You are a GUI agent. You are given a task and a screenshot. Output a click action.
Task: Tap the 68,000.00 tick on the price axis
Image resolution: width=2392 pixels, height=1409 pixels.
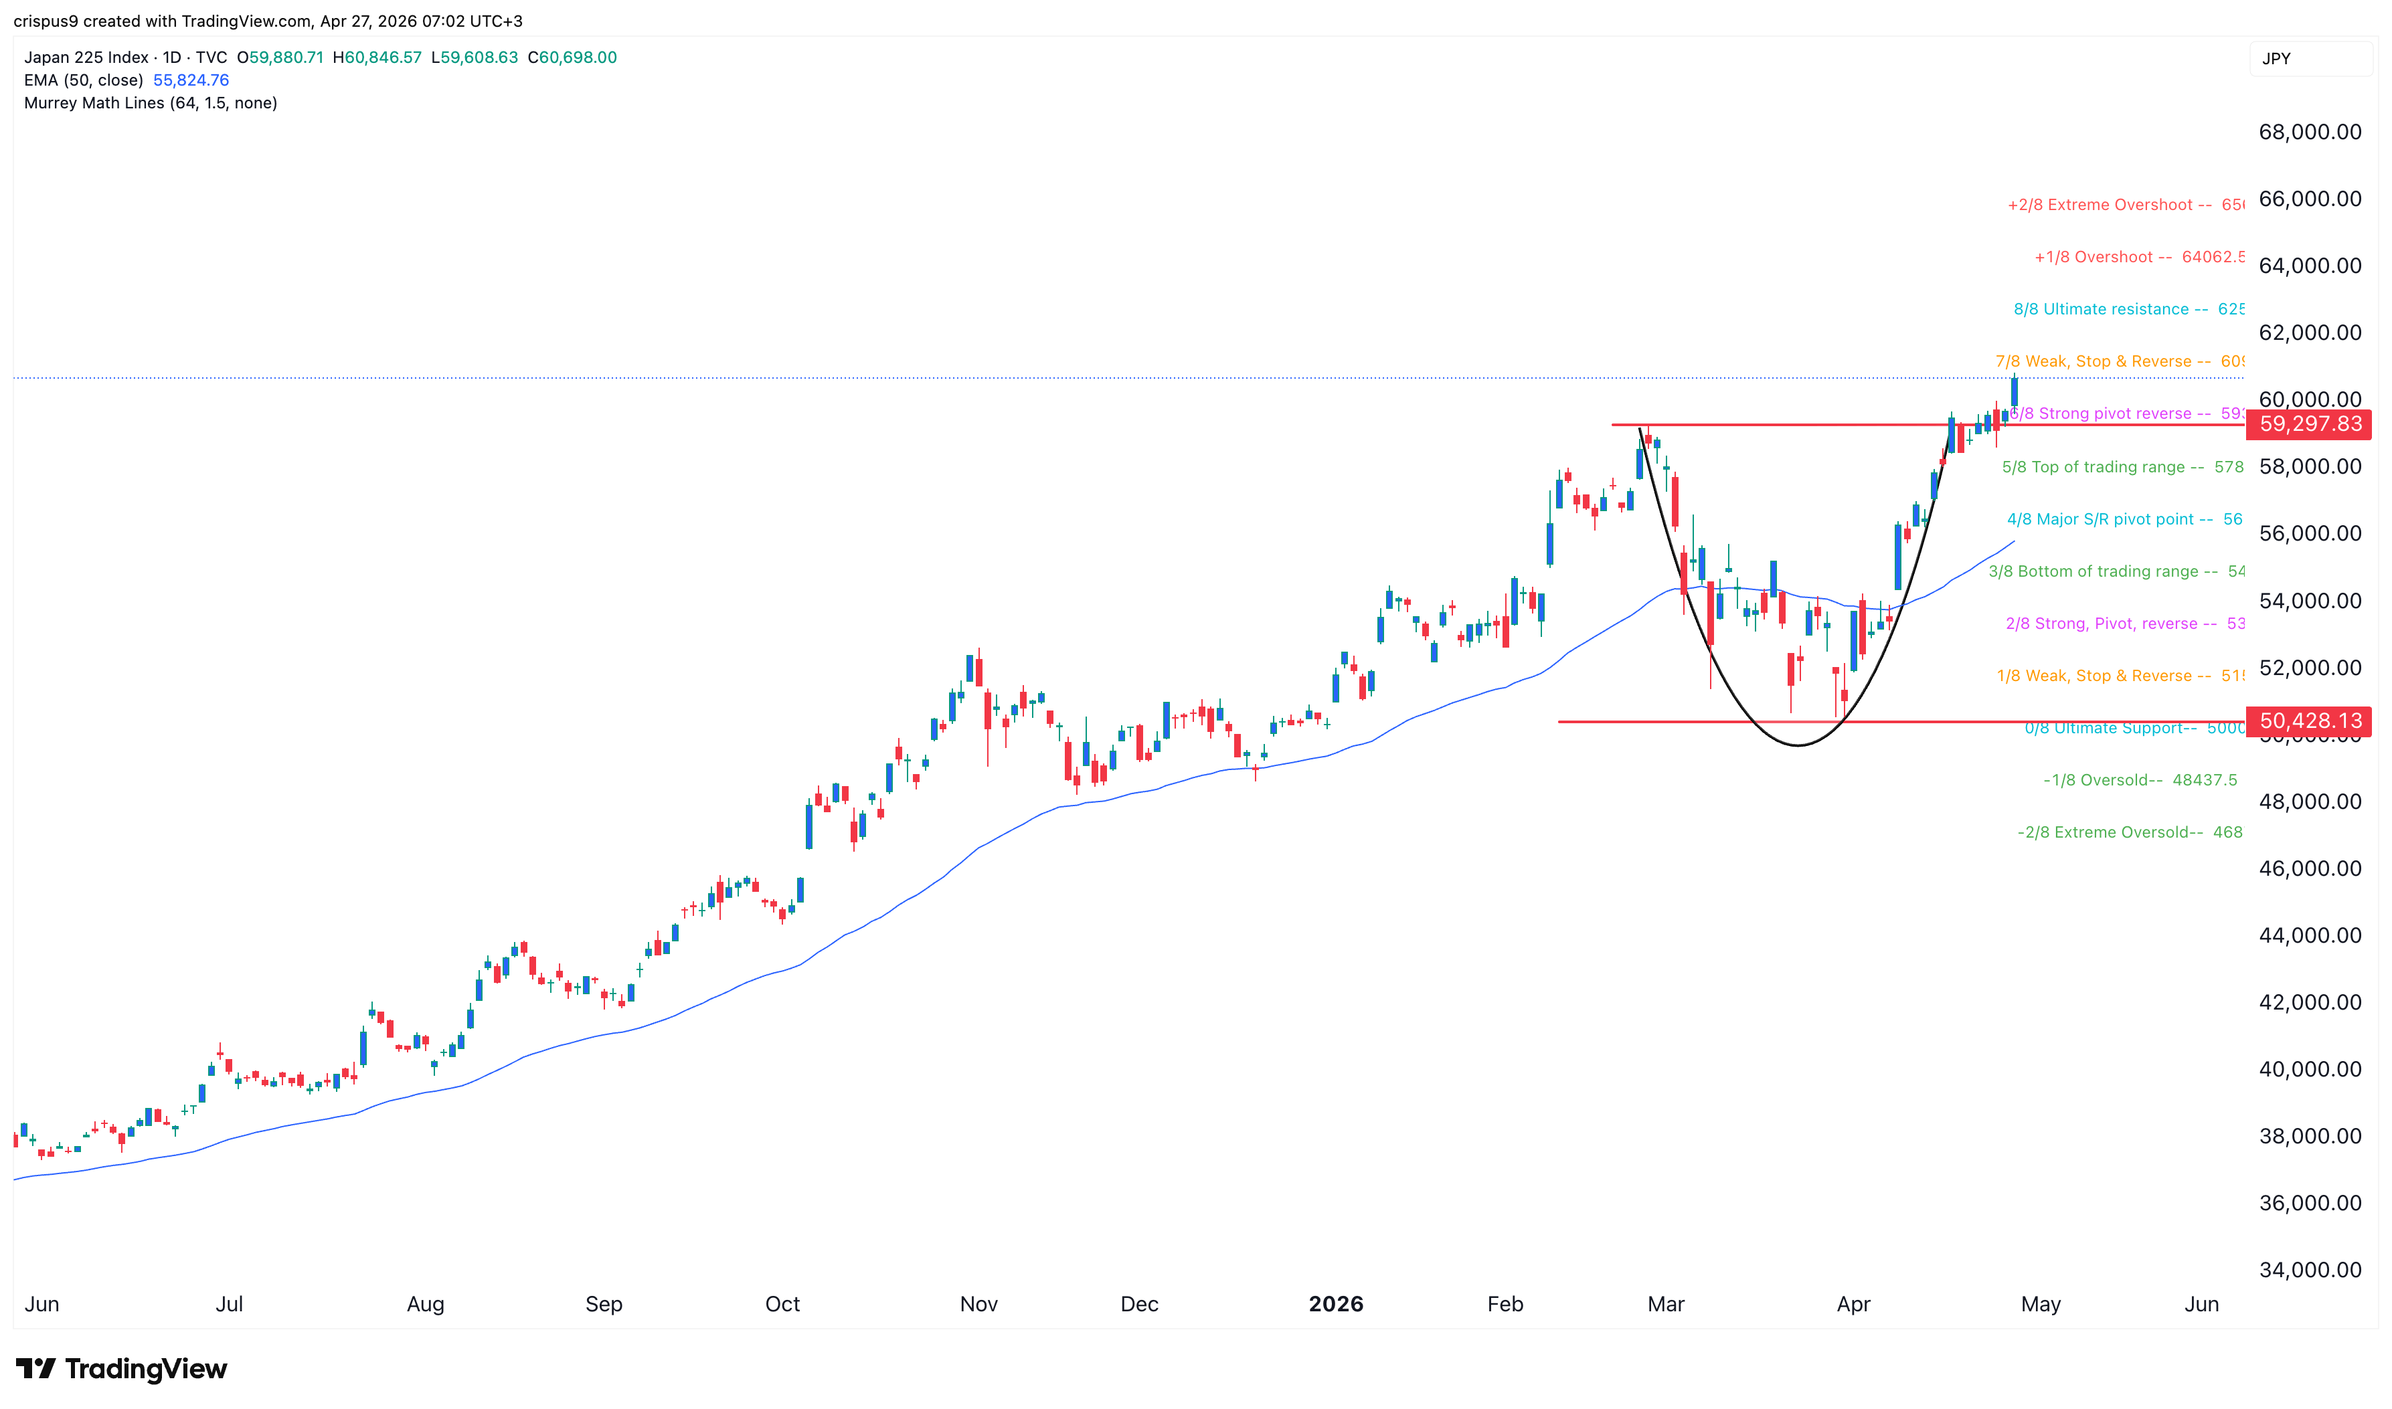tap(2310, 132)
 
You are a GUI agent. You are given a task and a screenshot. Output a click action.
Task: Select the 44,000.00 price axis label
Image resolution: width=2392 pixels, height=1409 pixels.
tap(2310, 935)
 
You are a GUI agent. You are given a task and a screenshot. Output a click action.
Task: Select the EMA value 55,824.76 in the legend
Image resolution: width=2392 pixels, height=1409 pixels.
tap(191, 80)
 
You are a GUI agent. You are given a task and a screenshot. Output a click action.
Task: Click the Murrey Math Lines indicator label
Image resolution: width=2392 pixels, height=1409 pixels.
tap(150, 102)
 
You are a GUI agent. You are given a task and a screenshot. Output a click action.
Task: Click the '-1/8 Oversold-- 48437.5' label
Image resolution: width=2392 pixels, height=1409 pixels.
tap(2140, 781)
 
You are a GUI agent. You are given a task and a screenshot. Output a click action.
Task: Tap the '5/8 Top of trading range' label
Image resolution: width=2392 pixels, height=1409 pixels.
tap(2102, 467)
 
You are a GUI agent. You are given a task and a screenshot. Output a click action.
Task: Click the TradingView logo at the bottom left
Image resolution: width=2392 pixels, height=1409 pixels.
tap(122, 1368)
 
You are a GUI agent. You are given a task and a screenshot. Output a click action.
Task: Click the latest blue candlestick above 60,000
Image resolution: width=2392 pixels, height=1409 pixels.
tap(2014, 392)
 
